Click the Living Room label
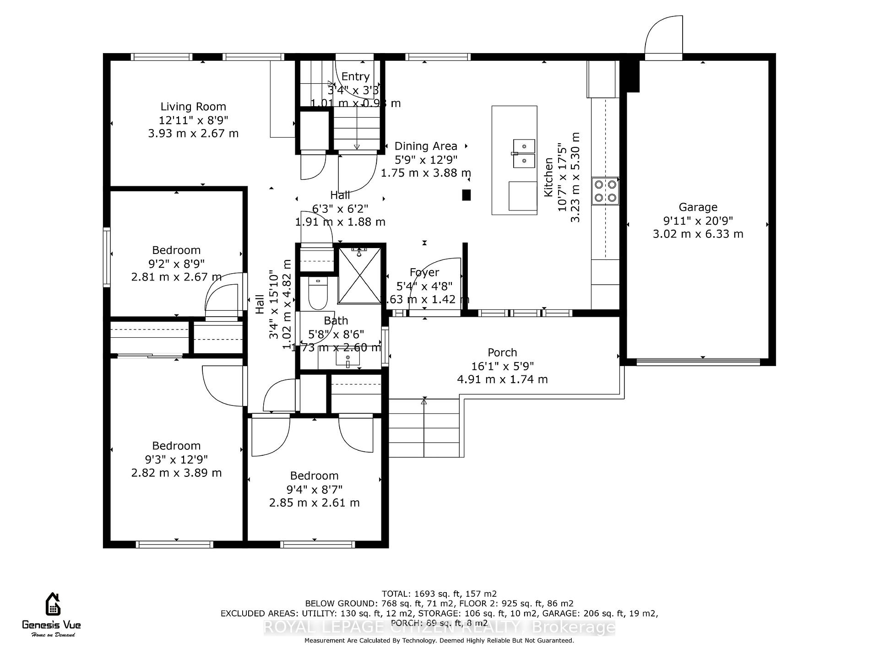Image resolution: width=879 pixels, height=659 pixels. point(193,107)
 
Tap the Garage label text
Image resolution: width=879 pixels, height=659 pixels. point(698,207)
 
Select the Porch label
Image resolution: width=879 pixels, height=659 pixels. point(502,353)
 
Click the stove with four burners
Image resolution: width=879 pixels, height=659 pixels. point(605,191)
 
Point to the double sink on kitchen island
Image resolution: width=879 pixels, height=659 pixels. point(524,154)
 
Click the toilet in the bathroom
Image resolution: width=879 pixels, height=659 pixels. point(318,295)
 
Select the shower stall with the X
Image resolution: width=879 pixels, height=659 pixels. point(359,275)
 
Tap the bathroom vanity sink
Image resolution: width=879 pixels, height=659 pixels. point(347,358)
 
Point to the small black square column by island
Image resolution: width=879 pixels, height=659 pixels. point(466,195)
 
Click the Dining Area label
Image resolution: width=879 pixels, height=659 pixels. point(426,146)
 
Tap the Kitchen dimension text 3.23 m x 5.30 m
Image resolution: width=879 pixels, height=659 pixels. point(575,178)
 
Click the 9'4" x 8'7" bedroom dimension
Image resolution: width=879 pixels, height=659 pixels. point(314,490)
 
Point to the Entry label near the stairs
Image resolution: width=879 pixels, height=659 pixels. point(355,77)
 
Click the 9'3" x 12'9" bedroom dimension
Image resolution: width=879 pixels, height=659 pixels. point(176,459)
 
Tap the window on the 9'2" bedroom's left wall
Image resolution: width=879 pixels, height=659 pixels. point(107,257)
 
